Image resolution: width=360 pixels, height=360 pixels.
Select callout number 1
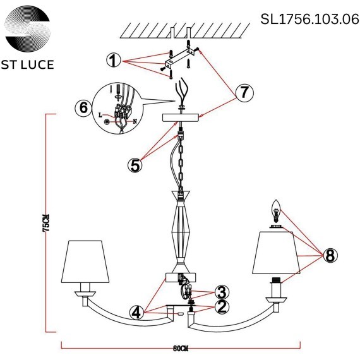click(x=113, y=60)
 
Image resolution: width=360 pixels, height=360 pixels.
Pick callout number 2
click(x=221, y=307)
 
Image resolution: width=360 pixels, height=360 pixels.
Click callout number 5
click(x=135, y=165)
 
